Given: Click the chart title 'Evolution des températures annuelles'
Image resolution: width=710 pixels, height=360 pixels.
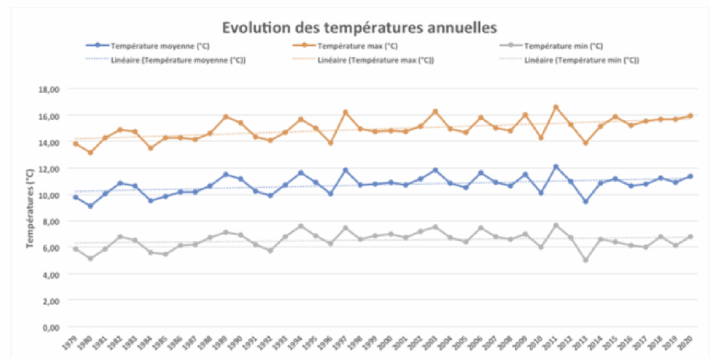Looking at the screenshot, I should pyautogui.click(x=358, y=28).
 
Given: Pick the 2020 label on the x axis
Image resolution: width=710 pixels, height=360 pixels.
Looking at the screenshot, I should pyautogui.click(x=686, y=343).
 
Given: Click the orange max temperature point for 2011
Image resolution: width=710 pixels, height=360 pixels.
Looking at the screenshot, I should pyautogui.click(x=555, y=107).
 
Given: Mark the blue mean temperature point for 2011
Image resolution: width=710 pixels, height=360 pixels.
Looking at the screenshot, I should pyautogui.click(x=555, y=166).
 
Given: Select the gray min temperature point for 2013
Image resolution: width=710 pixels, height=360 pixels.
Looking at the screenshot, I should pyautogui.click(x=586, y=260).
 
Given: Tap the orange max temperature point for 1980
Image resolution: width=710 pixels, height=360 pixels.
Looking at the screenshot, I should pyautogui.click(x=90, y=152).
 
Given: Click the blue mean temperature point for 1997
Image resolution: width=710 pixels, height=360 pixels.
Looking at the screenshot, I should pyautogui.click(x=345, y=170).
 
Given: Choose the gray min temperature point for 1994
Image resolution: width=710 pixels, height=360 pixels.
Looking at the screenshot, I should pyautogui.click(x=300, y=226).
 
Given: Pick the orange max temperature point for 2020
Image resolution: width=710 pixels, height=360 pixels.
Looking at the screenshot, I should pyautogui.click(x=690, y=116).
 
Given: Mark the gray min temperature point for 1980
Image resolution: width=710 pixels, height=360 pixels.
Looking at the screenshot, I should pyautogui.click(x=90, y=259).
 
